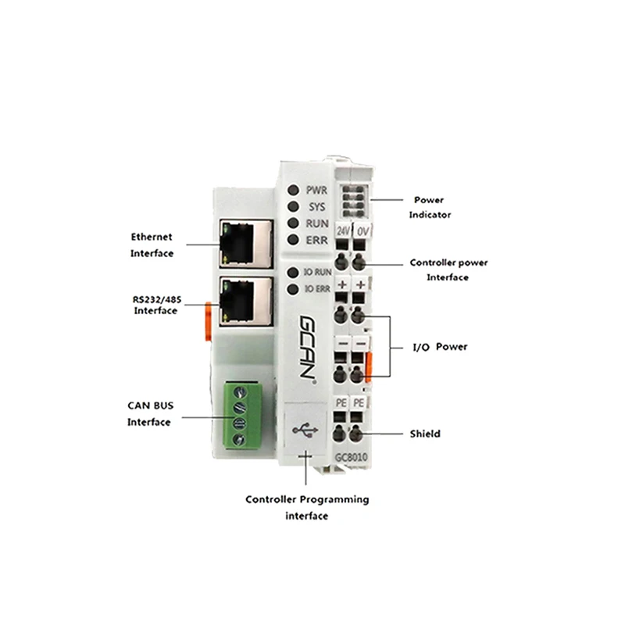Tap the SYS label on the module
coord(316,206)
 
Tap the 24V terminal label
coord(343,232)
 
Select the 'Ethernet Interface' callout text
coord(152,245)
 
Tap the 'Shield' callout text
coord(425,434)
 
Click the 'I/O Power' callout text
coord(440,346)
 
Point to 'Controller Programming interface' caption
coord(307,507)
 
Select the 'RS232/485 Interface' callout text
coord(155,305)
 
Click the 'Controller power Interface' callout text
coord(448,270)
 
